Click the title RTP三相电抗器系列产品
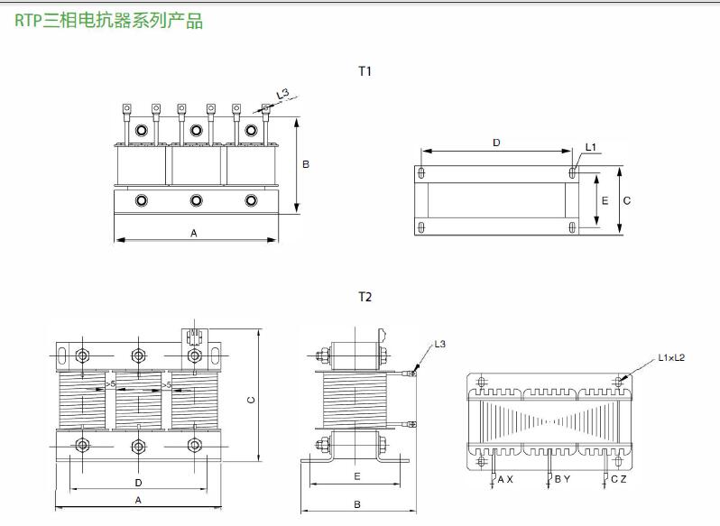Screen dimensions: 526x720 109,21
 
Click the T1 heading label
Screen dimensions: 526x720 365,71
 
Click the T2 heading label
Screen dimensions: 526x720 365,297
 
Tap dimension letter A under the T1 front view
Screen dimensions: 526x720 194,233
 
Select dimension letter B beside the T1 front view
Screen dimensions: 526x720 306,164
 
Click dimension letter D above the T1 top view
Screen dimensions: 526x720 496,143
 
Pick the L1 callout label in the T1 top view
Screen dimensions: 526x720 591,147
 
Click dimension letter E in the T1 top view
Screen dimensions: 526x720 604,200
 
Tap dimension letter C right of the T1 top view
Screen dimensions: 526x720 626,200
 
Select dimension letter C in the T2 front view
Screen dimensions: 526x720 251,400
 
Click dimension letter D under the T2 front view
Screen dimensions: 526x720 138,483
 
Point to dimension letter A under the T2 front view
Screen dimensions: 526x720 138,500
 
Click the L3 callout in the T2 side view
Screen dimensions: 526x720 439,344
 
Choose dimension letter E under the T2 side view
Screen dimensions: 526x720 357,475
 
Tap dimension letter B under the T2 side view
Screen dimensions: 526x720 357,503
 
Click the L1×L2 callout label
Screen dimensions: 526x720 671,358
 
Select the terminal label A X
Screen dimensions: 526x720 505,480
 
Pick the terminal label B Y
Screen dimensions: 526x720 561,480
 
